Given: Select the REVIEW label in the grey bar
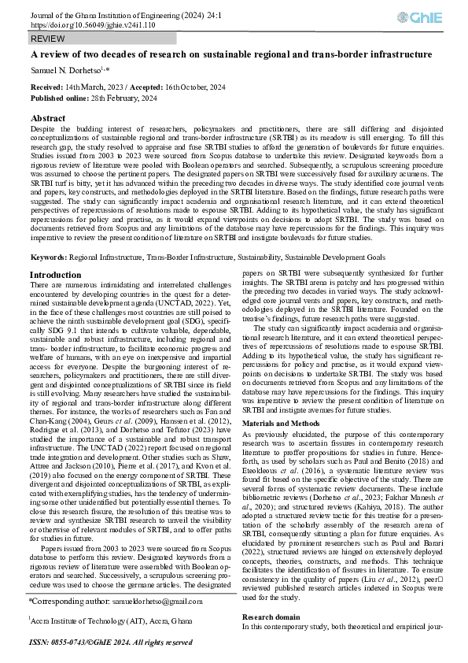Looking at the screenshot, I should click(x=48, y=39).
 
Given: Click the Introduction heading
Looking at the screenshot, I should click(x=54, y=253).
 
